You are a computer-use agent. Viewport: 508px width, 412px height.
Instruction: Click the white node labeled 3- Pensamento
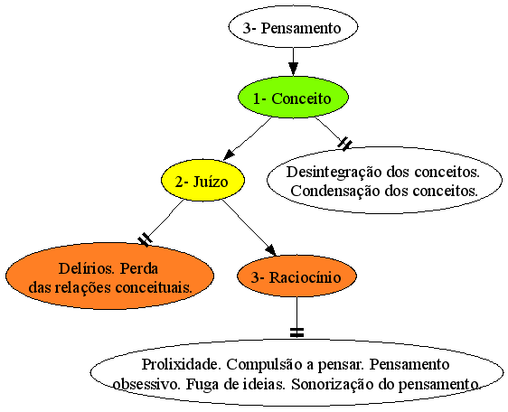[x=293, y=27]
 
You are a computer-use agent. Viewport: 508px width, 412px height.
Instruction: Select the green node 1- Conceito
[x=293, y=98]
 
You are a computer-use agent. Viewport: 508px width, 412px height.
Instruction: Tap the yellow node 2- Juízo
[x=202, y=180]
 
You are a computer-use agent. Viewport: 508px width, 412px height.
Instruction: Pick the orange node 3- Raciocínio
[x=296, y=276]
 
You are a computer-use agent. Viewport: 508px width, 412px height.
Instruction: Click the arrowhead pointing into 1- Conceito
[x=293, y=69]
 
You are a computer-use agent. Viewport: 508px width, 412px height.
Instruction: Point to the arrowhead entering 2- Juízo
[x=229, y=154]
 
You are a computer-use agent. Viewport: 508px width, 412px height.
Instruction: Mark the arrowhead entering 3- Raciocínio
[x=271, y=250]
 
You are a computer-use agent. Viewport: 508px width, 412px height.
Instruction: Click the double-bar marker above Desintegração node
[x=344, y=144]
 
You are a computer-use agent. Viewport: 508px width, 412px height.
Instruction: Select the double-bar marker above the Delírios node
[x=145, y=239]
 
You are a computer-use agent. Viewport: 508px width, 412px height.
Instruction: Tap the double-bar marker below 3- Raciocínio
[x=296, y=332]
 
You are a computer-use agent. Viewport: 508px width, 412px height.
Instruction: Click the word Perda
[x=139, y=268]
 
